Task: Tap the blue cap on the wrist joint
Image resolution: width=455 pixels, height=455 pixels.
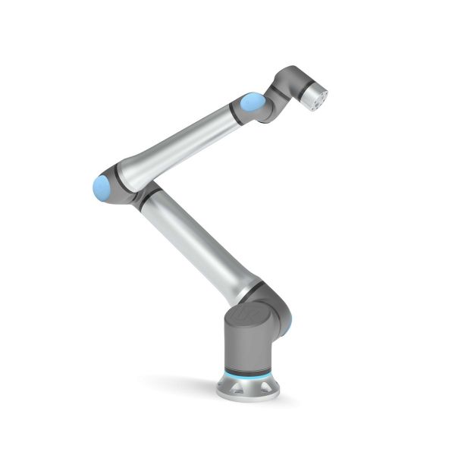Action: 253,103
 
